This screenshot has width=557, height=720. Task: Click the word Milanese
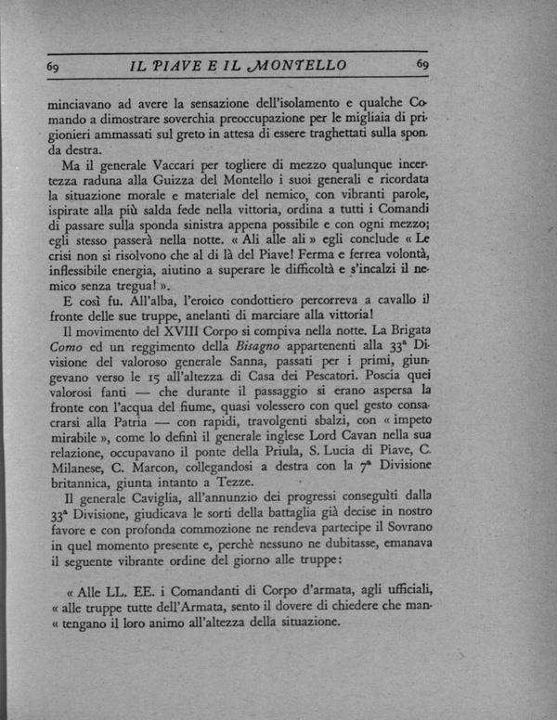(74, 497)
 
